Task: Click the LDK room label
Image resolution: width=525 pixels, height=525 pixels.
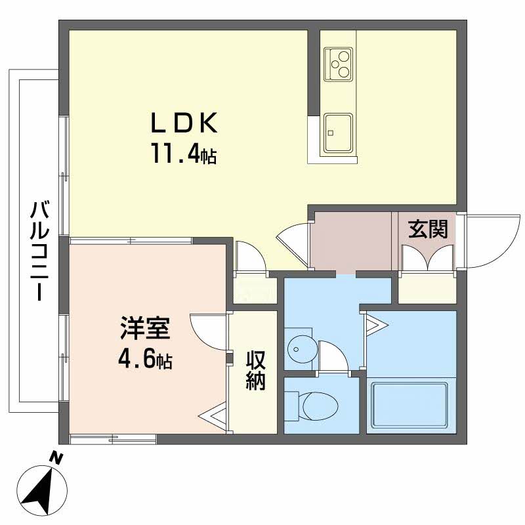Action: [x=184, y=123]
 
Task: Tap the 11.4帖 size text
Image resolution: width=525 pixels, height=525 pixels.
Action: [x=184, y=154]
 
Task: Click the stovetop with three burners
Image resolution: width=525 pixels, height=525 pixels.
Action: [x=339, y=64]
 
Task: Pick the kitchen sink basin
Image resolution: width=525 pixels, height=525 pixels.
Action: [x=339, y=133]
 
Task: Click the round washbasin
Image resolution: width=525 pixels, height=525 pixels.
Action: [x=303, y=350]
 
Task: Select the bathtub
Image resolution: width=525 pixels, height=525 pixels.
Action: [x=409, y=405]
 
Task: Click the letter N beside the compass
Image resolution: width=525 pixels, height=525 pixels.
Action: [x=56, y=458]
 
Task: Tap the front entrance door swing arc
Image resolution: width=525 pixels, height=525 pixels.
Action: [x=495, y=241]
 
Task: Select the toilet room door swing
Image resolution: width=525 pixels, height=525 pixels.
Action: [x=333, y=356]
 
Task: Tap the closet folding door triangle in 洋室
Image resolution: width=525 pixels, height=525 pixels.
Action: [x=213, y=416]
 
